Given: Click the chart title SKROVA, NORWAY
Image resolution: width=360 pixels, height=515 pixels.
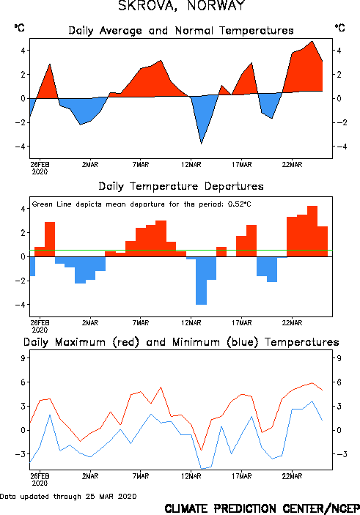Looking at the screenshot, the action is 182,6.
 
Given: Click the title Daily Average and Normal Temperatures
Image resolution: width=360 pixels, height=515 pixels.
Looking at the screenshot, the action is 181,31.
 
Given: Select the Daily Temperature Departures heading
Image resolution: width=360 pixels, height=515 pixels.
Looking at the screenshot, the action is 181,186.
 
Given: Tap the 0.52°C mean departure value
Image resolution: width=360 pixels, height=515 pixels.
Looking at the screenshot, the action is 239,204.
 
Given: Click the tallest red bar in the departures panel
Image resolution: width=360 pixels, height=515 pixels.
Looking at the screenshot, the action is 312,231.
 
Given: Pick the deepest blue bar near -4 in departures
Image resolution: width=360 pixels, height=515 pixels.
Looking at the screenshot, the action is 201,281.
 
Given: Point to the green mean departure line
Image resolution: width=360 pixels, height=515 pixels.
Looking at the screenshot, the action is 181,251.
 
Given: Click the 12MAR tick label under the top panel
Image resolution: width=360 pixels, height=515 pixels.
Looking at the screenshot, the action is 191,165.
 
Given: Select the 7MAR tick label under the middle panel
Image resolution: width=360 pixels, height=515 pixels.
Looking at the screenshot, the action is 141,323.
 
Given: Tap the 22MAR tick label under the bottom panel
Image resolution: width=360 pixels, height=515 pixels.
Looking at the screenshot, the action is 292,476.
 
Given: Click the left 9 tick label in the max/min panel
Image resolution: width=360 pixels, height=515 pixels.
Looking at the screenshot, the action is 23,358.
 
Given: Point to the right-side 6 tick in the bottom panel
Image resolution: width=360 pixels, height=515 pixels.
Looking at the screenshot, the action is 339,382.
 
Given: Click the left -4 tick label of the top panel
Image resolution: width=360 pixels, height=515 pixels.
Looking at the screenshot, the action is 20,147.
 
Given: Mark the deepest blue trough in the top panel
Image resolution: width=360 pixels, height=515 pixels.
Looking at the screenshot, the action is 201,143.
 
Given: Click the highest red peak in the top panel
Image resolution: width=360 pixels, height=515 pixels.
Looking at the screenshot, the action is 312,41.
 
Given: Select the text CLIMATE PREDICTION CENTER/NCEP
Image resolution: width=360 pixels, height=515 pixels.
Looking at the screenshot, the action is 262,508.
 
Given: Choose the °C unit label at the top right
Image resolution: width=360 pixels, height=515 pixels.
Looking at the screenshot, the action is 340,28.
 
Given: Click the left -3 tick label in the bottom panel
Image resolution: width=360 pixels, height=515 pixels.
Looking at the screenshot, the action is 20,454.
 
